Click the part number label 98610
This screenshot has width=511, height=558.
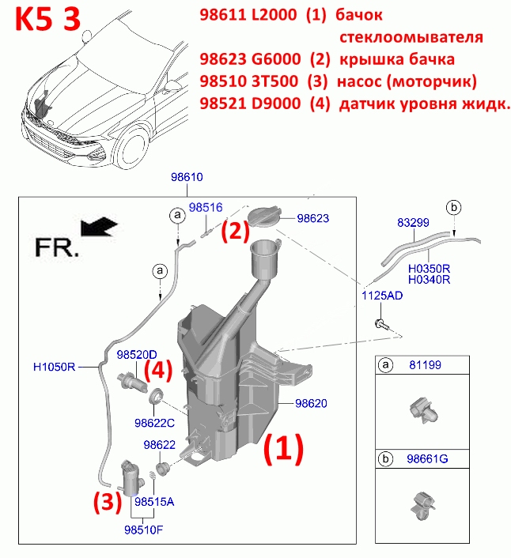[187, 177]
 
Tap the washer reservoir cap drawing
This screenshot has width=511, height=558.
[264, 217]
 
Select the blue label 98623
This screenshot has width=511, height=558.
[313, 218]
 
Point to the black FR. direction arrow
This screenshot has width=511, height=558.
[99, 227]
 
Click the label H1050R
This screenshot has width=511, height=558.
[54, 367]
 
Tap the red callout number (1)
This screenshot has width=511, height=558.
[283, 449]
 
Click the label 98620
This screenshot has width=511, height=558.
[311, 403]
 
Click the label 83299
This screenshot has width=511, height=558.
[413, 222]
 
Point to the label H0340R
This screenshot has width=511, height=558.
[429, 279]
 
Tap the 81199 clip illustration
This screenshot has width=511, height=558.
[423, 411]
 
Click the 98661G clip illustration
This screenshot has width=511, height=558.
[423, 506]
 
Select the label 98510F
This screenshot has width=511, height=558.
[143, 530]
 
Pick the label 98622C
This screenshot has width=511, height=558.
[154, 423]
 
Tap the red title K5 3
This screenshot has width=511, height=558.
[48, 20]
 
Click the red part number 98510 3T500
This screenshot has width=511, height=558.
[248, 81]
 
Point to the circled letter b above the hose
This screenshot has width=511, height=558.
[454, 207]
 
